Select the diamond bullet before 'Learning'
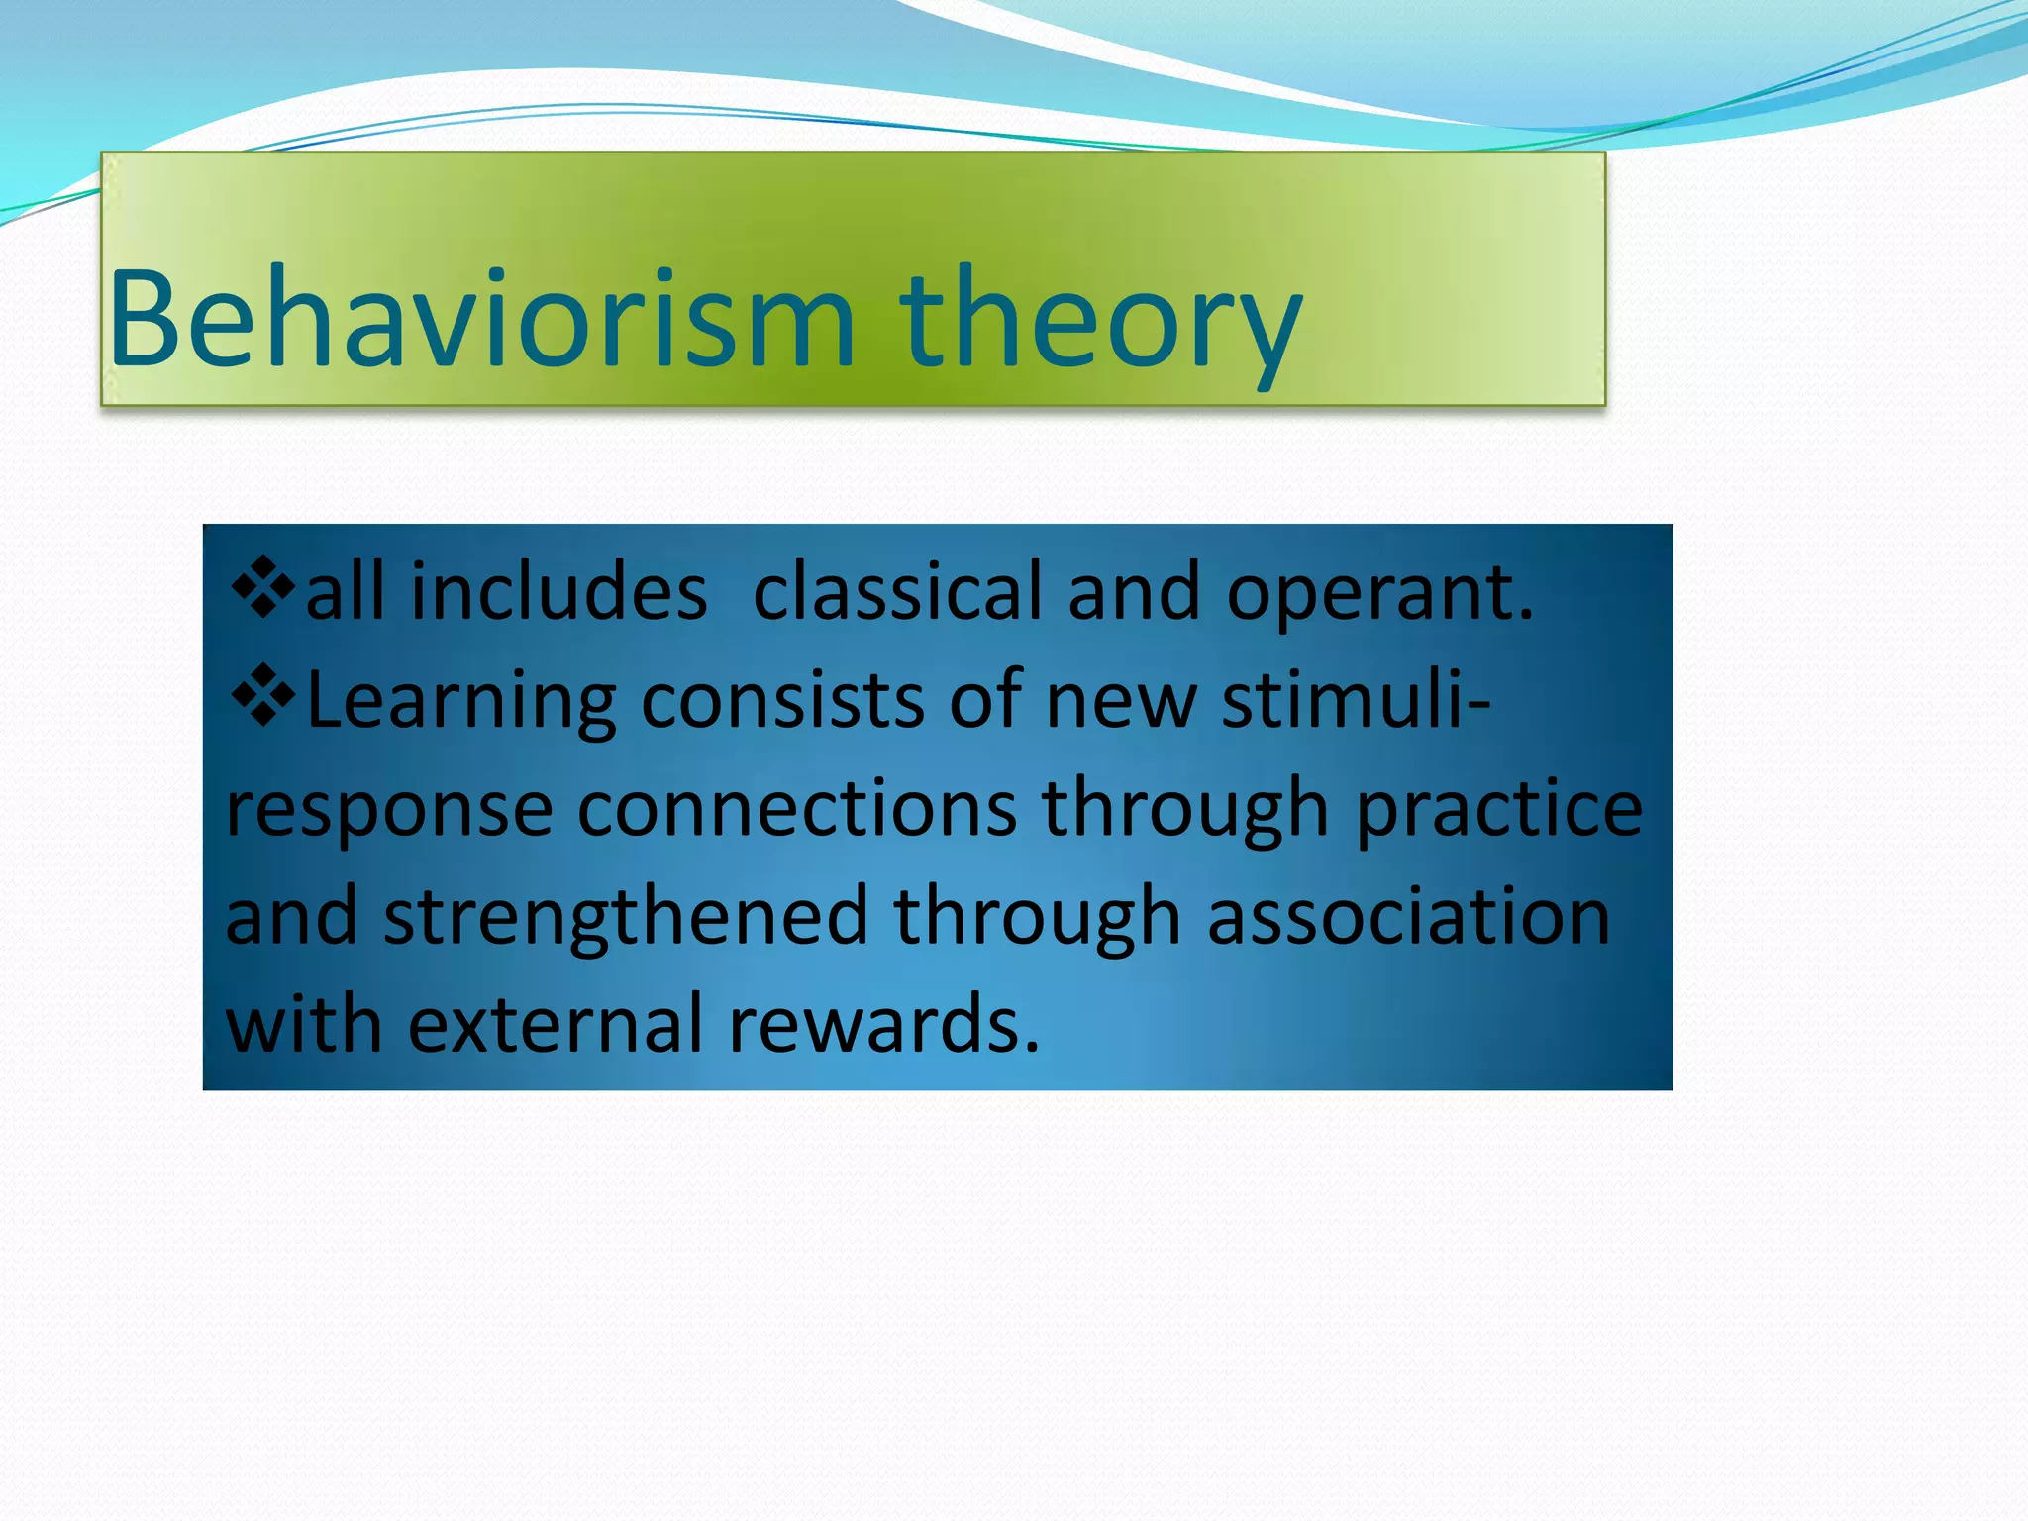point(262,696)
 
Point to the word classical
point(897,591)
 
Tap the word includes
point(558,591)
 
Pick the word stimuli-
point(1355,699)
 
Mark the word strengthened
point(626,917)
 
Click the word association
point(1408,915)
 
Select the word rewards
point(883,1022)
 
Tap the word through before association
point(1037,917)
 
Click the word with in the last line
point(304,1022)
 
